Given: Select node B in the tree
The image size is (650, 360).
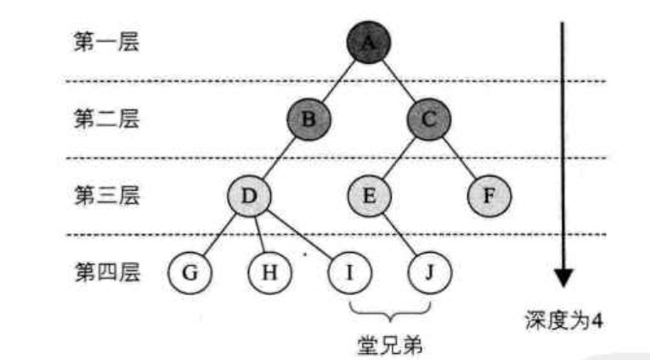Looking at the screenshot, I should [x=309, y=119].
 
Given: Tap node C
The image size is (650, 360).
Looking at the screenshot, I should [x=429, y=119].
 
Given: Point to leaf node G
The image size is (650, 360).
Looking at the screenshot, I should [x=189, y=273].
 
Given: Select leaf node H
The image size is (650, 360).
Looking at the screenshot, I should [x=268, y=273].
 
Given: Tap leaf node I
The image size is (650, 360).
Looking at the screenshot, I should [x=349, y=273].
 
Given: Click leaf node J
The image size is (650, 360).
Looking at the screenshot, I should [x=429, y=273].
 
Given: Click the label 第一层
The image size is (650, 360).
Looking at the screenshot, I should [x=106, y=42].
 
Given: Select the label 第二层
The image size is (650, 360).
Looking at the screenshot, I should [x=106, y=119].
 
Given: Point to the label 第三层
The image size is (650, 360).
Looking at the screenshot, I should [x=106, y=196].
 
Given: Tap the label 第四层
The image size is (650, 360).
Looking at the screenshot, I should [x=106, y=273].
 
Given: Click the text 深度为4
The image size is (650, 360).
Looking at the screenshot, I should [x=564, y=321].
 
